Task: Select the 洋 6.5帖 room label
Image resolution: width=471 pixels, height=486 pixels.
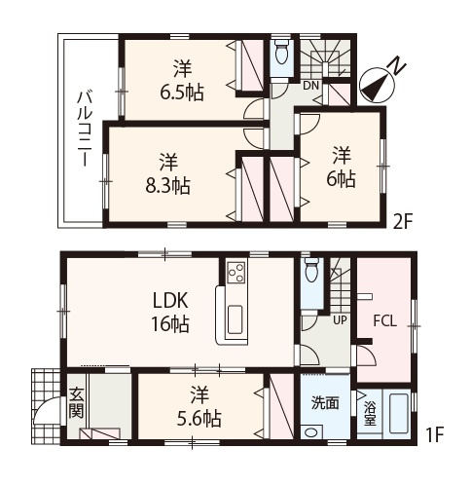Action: (182, 80)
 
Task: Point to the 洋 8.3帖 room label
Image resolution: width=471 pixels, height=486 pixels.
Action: (167, 173)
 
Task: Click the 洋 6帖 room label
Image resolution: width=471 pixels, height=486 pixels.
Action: (342, 167)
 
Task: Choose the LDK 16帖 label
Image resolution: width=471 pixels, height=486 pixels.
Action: (170, 312)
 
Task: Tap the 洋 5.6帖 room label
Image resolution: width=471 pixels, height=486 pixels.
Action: (199, 406)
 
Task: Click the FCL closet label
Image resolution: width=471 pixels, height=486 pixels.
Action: (385, 321)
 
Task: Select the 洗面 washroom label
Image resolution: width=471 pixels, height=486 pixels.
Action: (325, 402)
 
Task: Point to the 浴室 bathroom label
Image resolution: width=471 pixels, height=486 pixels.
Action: (370, 413)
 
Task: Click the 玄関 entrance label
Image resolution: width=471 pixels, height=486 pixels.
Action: (77, 403)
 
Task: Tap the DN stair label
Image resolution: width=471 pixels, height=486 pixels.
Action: (310, 86)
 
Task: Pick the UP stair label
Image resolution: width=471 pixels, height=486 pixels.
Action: (340, 320)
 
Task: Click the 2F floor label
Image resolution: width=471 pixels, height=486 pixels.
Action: (402, 222)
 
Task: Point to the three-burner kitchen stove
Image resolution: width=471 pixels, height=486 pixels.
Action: (236, 273)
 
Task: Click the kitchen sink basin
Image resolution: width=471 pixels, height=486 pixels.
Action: (235, 319)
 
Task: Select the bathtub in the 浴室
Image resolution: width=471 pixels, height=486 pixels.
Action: (399, 413)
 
